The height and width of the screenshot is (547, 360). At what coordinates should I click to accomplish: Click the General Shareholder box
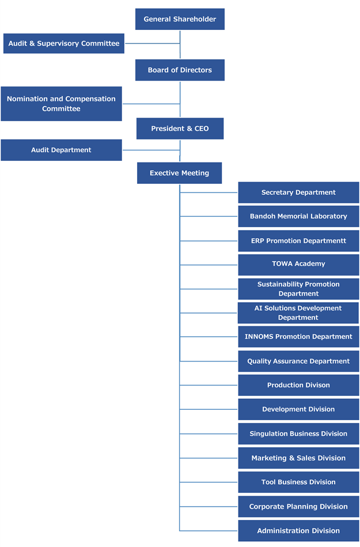[180, 19]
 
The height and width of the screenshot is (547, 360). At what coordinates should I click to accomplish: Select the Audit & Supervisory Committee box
[63, 43]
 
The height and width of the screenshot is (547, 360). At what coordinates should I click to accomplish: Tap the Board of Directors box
[180, 70]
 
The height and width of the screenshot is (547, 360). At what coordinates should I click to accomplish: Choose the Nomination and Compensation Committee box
[61, 104]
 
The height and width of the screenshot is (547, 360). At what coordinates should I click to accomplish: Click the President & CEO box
[180, 129]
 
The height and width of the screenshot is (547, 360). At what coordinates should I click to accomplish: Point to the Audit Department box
[61, 150]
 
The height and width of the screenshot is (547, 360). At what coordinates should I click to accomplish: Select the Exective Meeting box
[179, 173]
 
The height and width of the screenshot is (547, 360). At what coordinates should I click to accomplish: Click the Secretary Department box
[298, 193]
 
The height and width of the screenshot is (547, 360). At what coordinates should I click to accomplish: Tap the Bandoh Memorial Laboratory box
[298, 216]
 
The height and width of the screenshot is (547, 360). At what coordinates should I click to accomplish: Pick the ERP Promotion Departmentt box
[298, 240]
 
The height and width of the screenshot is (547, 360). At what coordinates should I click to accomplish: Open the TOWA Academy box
[298, 264]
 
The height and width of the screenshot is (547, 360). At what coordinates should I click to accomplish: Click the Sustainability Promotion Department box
[298, 289]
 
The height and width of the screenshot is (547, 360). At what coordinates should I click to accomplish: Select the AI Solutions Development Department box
[298, 313]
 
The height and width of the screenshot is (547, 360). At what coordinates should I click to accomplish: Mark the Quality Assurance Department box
[298, 361]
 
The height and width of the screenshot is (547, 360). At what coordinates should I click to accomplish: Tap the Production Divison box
[298, 385]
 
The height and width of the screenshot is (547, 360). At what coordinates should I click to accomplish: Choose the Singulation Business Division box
[298, 433]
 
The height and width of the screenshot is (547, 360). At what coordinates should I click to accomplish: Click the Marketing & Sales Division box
[298, 458]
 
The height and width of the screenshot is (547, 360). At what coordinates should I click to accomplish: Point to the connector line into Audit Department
[151, 150]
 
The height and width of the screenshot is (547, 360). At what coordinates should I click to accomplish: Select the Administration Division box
[298, 531]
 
